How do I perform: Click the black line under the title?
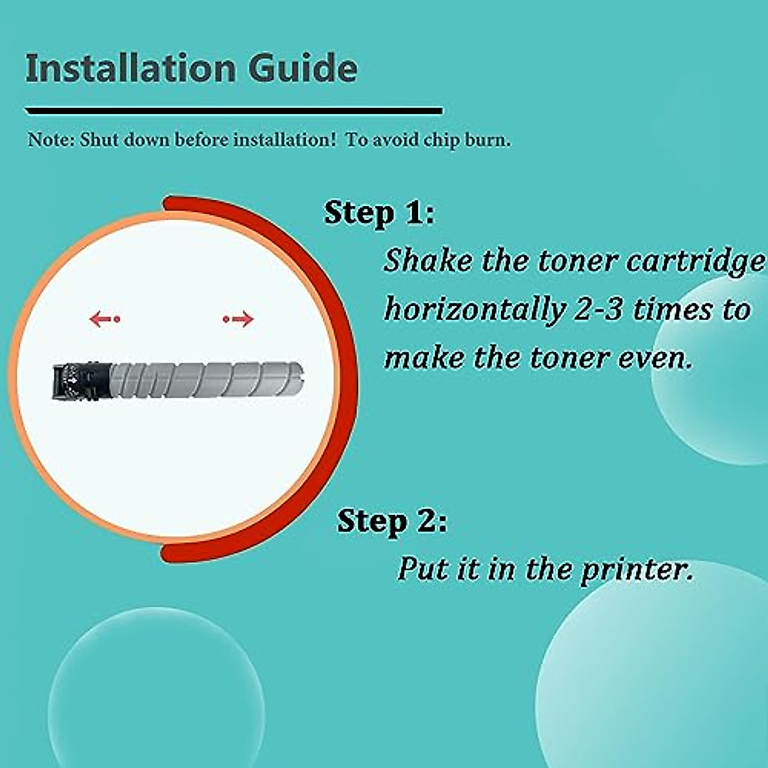point(234,111)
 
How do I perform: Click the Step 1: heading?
point(379,212)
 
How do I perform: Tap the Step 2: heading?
point(392,521)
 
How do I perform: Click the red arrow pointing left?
point(104,318)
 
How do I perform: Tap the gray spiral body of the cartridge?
point(205,380)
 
